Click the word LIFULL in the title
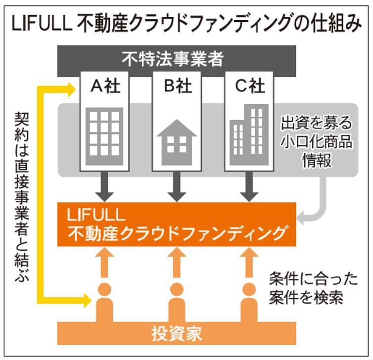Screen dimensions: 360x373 [40, 23]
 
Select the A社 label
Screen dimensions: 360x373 [105, 87]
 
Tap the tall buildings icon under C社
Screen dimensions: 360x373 [250, 136]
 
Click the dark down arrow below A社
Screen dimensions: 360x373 [104, 185]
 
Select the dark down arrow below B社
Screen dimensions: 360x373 [177, 185]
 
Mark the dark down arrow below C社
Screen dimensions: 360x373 [249, 185]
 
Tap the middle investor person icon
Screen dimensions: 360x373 [177, 303]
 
